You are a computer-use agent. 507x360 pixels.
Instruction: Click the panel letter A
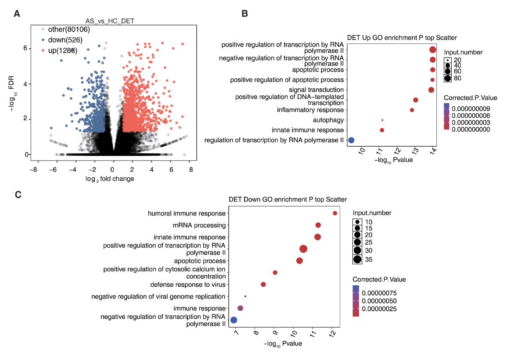click(17, 14)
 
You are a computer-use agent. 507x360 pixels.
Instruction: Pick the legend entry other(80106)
click(68, 29)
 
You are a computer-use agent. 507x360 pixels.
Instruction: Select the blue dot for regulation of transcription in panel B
click(351, 140)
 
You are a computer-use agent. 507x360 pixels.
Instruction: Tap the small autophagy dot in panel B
click(382, 120)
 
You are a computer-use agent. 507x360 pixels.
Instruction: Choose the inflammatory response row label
click(310, 110)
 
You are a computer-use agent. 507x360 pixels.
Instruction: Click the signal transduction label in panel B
click(316, 90)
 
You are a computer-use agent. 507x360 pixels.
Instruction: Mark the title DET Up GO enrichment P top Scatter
click(402, 38)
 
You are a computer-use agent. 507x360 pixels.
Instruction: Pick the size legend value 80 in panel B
click(457, 78)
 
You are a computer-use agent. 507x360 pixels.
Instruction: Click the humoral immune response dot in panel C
click(335, 213)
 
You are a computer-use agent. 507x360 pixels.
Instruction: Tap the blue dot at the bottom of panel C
click(234, 320)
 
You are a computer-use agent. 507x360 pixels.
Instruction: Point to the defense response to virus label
click(188, 284)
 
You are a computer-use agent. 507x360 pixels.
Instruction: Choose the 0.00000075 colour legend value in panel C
click(379, 292)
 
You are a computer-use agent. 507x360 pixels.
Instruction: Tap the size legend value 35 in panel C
click(368, 259)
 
